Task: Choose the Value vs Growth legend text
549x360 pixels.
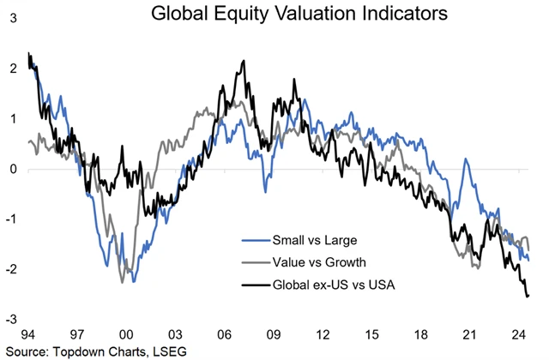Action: [313, 261]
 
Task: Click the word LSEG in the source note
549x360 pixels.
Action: [170, 351]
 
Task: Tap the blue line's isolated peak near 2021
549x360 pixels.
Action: [466, 159]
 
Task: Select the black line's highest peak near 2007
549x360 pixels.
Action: [244, 62]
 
